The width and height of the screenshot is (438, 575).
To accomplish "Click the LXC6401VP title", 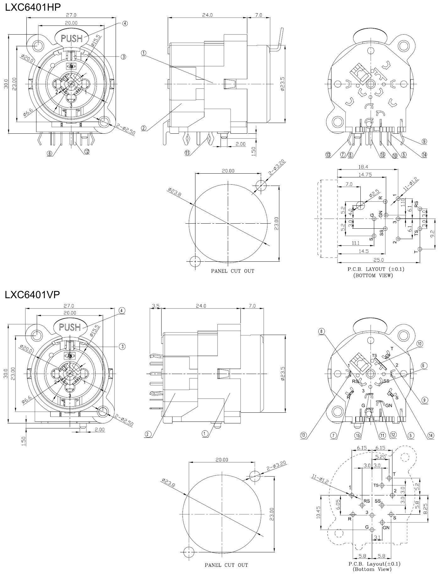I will [32, 295].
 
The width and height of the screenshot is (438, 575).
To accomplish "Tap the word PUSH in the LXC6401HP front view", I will [72, 39].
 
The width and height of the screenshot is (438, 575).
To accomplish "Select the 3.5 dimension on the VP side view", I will [156, 305].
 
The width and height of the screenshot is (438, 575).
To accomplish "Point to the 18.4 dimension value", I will [367, 167].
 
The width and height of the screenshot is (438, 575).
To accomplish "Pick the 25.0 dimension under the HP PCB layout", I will [379, 260].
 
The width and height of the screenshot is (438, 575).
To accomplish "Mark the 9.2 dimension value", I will [432, 233].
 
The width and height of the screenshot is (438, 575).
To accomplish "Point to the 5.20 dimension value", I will [381, 457].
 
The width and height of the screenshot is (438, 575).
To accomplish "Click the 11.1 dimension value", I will [356, 243].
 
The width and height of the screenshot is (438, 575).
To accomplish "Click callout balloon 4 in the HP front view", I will [125, 23].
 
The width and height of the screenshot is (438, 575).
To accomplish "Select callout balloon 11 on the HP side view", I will [188, 153].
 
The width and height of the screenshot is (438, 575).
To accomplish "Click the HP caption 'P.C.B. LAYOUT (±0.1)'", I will [376, 269].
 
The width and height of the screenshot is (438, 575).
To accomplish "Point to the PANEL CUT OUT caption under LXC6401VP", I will [226, 565].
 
